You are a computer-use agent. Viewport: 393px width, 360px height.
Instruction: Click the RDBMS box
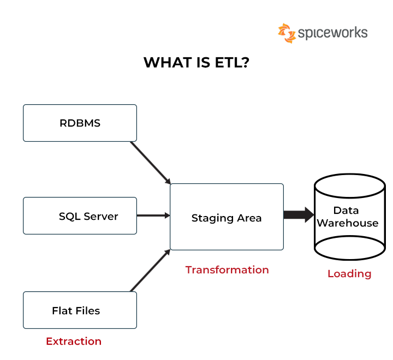pyautogui.click(x=80, y=123)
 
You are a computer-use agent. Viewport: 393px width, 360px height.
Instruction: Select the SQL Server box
pyautogui.click(x=80, y=216)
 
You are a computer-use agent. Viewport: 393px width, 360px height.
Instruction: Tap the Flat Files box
pyautogui.click(x=80, y=310)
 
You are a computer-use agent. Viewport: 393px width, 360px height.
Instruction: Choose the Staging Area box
pyautogui.click(x=227, y=218)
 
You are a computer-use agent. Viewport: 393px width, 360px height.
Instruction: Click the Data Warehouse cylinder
pyautogui.click(x=349, y=217)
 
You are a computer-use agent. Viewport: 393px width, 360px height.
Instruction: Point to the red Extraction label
pyautogui.click(x=74, y=341)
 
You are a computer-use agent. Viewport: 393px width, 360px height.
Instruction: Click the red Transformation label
pyautogui.click(x=227, y=270)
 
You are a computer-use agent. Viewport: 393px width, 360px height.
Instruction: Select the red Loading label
pyautogui.click(x=349, y=274)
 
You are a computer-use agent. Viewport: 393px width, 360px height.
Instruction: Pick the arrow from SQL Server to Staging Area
pyautogui.click(x=153, y=215)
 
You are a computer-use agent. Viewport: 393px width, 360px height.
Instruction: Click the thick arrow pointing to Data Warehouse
pyautogui.click(x=298, y=214)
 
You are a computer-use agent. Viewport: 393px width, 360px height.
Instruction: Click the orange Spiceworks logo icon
pyautogui.click(x=287, y=33)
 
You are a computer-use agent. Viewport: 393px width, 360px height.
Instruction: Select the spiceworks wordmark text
pyautogui.click(x=332, y=33)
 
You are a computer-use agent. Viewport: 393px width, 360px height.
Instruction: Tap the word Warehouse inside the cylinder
pyautogui.click(x=348, y=223)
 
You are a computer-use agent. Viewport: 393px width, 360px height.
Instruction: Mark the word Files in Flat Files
pyautogui.click(x=88, y=311)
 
